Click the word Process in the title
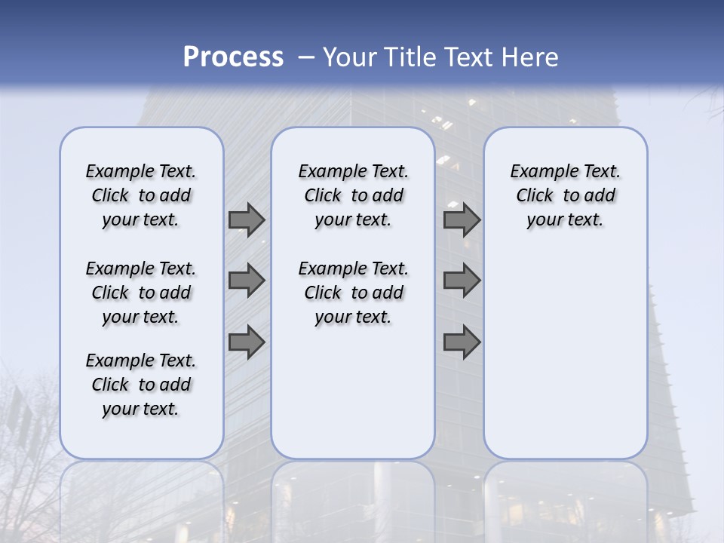(x=233, y=57)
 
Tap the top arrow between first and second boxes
(x=247, y=219)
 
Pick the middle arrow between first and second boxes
(x=247, y=281)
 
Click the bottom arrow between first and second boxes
(x=247, y=342)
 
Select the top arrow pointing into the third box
(x=462, y=219)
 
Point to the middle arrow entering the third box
(x=462, y=281)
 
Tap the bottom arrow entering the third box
(x=462, y=342)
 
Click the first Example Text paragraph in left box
(x=141, y=195)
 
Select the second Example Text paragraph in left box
(x=141, y=293)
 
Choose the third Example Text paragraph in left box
(x=141, y=385)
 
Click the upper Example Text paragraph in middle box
(x=354, y=195)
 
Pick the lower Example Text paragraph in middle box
(x=354, y=293)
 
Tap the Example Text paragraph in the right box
(x=566, y=195)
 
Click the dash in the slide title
(x=306, y=57)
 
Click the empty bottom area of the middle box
(x=354, y=400)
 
